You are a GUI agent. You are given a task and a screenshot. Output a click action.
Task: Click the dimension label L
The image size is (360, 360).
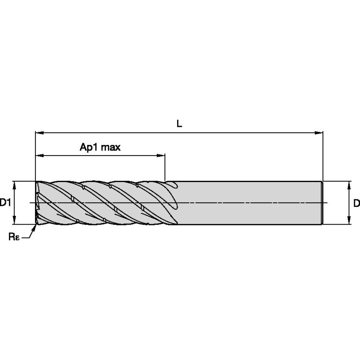pos(179,124)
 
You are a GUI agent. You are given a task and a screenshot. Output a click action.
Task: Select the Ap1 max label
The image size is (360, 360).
pos(100,147)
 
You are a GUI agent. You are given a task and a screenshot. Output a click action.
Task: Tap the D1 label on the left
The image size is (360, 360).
pos(5,203)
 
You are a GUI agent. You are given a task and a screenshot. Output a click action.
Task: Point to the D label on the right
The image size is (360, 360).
pos(356,203)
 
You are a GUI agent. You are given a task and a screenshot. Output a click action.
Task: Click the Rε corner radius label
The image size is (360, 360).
pos(14,236)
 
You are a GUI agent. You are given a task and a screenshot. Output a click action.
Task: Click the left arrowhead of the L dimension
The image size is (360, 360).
pos(39,133)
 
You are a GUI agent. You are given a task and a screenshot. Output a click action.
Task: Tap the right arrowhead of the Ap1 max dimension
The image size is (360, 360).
pos(161,156)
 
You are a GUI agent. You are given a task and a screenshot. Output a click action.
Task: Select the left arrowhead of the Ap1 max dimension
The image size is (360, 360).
pos(39,156)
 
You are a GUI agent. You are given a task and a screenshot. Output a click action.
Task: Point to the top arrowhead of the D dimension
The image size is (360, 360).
pos(349,185)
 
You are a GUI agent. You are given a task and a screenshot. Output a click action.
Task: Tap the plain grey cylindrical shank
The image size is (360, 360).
pos(249,202)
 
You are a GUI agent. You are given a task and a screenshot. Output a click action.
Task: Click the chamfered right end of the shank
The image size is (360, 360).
pos(322,202)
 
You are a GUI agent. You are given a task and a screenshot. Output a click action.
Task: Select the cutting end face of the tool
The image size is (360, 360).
pos(37,202)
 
